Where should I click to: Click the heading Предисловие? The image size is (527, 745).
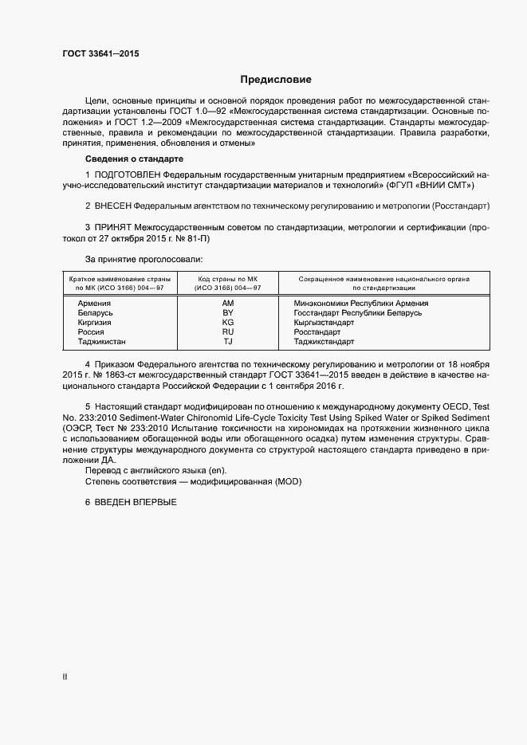tap(276, 80)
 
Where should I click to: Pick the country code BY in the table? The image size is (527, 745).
tap(227, 313)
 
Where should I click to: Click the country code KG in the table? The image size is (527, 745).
tap(227, 323)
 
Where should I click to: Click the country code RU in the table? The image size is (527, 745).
tap(227, 332)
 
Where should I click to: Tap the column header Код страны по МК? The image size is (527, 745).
tap(228, 279)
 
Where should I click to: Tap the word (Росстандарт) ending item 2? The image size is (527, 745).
tap(460, 206)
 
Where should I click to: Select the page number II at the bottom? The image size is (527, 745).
tap(65, 677)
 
